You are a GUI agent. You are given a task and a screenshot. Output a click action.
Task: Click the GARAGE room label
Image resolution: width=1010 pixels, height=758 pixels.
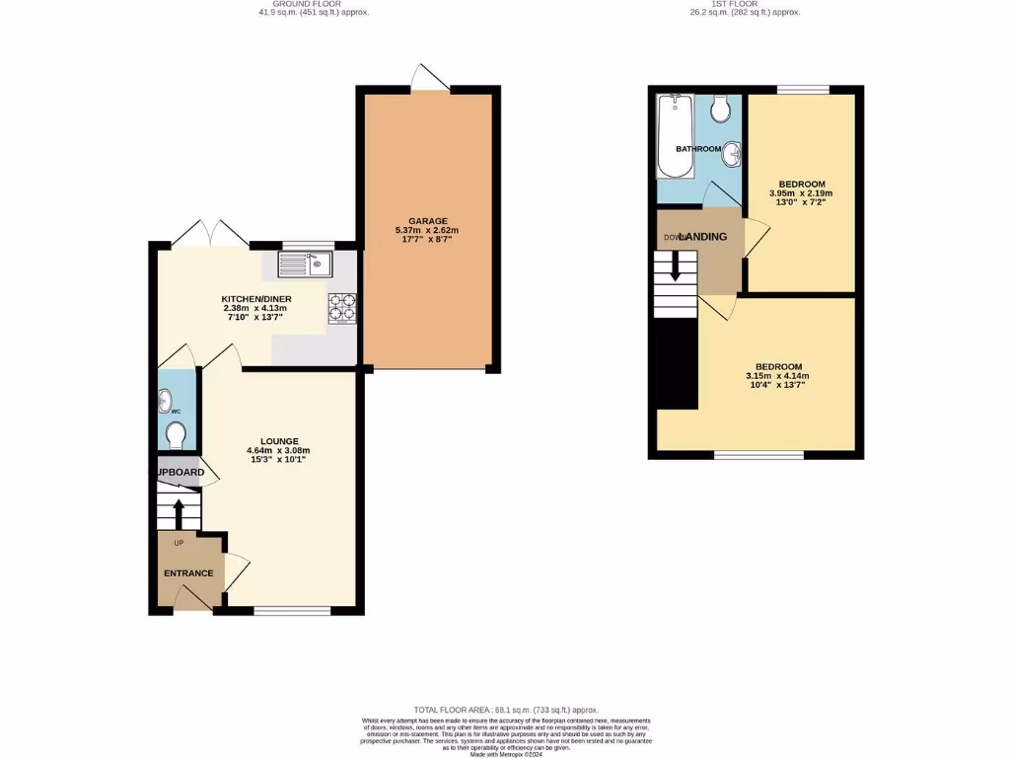pos(429,220)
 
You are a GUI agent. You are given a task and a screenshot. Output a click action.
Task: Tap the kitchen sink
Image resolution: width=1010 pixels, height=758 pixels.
pos(307,264)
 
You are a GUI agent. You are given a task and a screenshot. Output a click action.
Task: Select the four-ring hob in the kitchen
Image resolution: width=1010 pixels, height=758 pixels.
pos(342,308)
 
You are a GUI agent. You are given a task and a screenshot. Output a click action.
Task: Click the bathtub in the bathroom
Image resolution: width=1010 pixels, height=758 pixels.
pos(676,135)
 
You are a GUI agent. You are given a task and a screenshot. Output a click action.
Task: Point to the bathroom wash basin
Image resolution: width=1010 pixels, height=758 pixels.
pos(731,155)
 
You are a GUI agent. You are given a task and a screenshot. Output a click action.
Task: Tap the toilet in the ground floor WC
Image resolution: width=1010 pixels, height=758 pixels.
pos(177,434)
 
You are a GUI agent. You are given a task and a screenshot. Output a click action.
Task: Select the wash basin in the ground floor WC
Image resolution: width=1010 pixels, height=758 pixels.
pos(164,401)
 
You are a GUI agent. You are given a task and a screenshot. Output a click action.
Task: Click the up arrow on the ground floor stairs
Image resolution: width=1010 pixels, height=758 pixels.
pos(179,513)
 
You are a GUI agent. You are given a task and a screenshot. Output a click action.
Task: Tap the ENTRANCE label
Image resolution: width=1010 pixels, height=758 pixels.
pos(188,573)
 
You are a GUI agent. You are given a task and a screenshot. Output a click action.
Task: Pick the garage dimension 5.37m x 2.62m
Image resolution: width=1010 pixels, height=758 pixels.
pos(429,231)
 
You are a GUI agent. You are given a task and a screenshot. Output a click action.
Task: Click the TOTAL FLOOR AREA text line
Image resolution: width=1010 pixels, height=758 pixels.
pos(505,710)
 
